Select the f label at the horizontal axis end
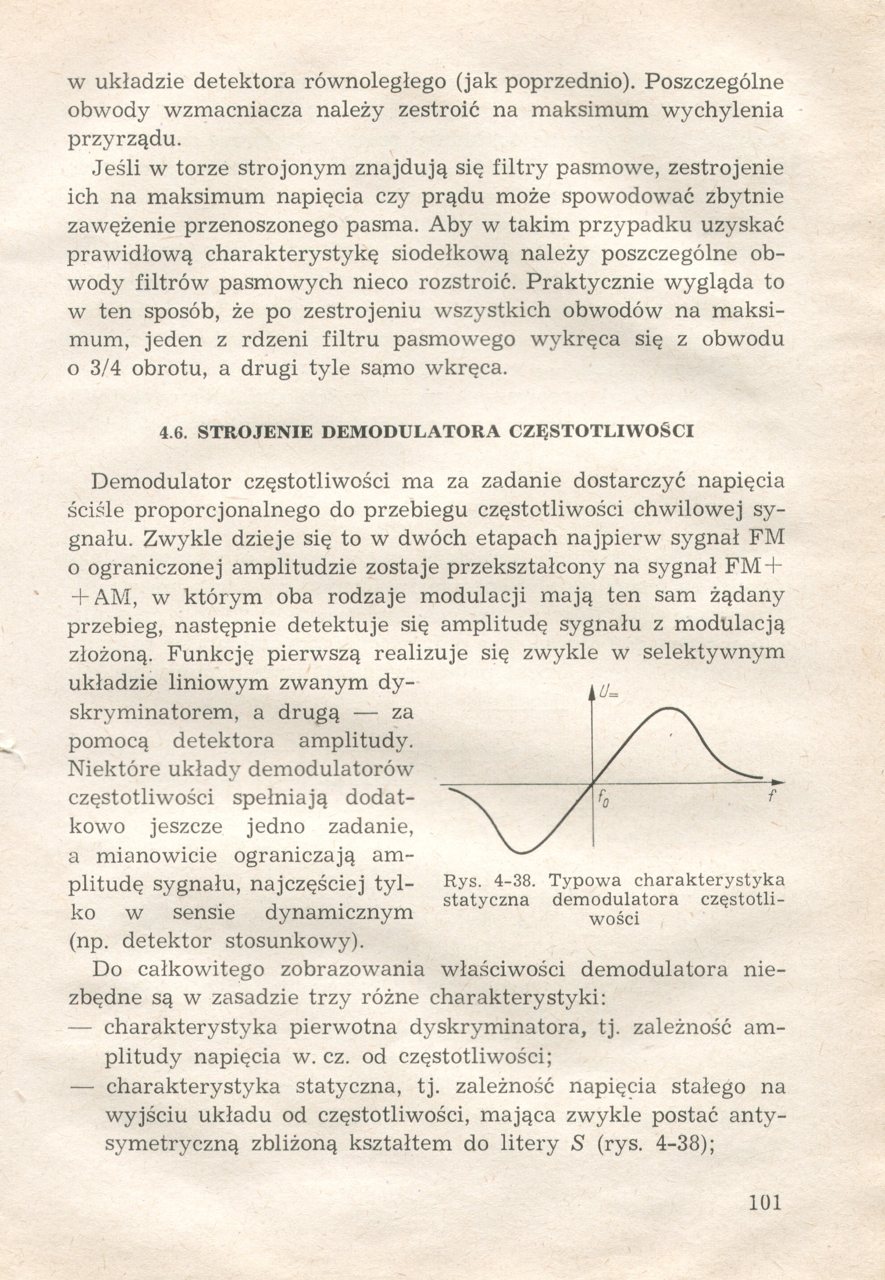pyautogui.click(x=771, y=795)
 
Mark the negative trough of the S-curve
pyautogui.click(x=521, y=852)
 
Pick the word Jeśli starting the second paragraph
pyautogui.click(x=116, y=168)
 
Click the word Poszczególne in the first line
pyautogui.click(x=715, y=82)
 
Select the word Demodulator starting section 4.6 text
pyautogui.click(x=160, y=481)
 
